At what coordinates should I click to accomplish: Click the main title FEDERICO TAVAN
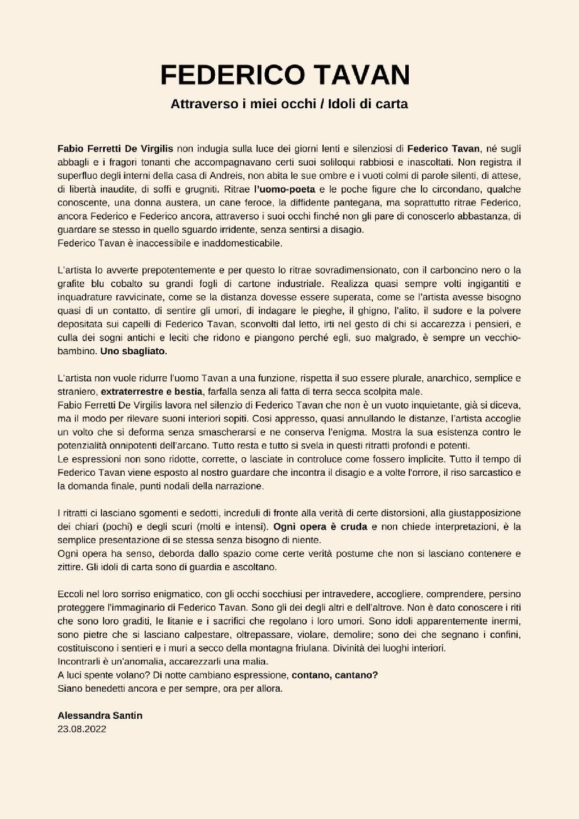[285, 75]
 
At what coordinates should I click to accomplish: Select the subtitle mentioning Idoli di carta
[289, 104]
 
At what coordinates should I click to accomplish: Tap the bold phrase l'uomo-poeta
[285, 189]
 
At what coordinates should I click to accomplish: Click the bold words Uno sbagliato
[134, 351]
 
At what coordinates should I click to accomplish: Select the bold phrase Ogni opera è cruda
[320, 527]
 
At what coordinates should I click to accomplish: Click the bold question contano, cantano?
[335, 675]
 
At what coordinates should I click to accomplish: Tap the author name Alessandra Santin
[100, 715]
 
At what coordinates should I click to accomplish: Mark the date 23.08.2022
[82, 729]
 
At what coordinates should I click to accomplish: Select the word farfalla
[225, 392]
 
